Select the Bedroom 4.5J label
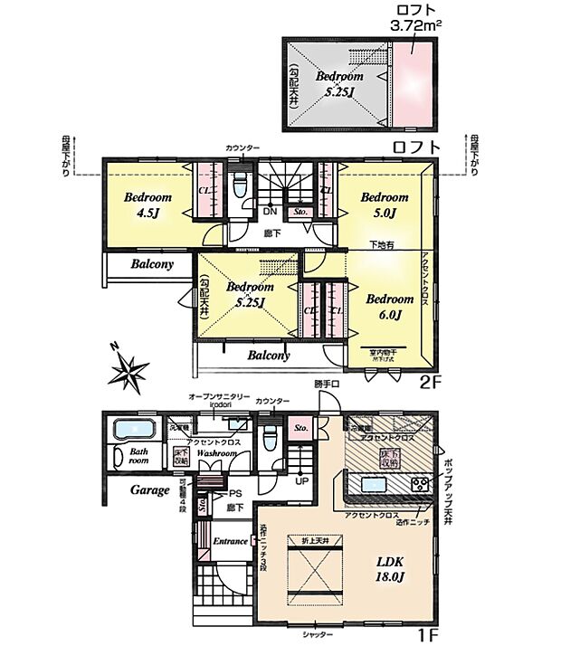(x=147, y=205)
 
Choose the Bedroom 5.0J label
(x=385, y=204)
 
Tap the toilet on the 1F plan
(x=269, y=438)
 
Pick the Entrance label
(x=230, y=541)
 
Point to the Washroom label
(x=218, y=451)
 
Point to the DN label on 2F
(x=269, y=213)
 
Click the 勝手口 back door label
(x=326, y=385)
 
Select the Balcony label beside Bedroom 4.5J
(x=151, y=265)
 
